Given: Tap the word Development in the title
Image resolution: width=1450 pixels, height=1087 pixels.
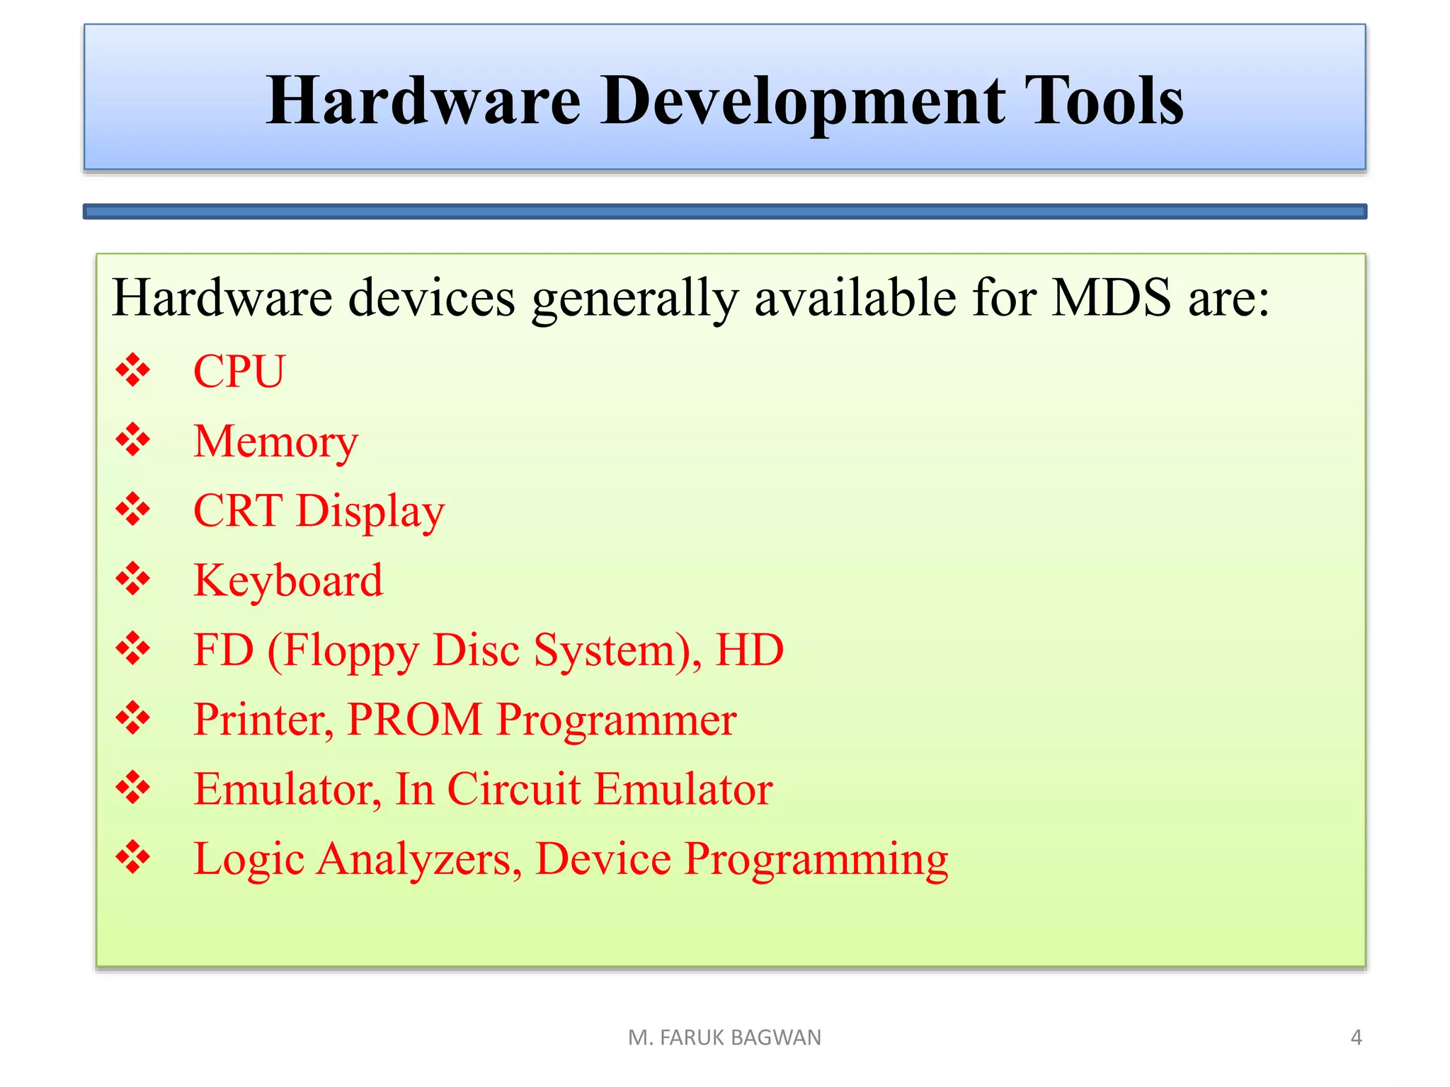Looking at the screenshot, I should tap(803, 101).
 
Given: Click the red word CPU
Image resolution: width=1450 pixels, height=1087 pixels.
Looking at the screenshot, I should tap(239, 371).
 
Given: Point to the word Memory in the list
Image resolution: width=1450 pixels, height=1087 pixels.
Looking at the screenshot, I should tap(275, 442).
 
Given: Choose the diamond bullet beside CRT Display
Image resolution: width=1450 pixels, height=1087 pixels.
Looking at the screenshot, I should tap(133, 510).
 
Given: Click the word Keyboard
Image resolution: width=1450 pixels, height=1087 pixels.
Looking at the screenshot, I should tap(287, 580).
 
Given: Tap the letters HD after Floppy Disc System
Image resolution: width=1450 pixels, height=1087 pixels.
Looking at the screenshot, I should tap(749, 650).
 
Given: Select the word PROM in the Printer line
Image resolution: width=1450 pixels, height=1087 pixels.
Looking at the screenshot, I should tap(415, 720).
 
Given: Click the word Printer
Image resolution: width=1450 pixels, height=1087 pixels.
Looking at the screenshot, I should tap(263, 720).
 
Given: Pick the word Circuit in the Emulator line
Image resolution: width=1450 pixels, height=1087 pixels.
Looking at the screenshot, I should tap(514, 789).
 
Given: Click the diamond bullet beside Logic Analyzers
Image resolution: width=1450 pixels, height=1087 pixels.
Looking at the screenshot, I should tap(133, 858).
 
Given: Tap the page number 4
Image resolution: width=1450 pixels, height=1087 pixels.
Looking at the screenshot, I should tap(1356, 1037).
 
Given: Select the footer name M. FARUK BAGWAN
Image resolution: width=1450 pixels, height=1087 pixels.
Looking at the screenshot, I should tap(724, 1037).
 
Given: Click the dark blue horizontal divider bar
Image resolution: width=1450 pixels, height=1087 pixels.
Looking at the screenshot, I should tap(724, 212).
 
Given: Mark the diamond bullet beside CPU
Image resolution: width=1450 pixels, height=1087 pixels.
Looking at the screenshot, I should tap(133, 370).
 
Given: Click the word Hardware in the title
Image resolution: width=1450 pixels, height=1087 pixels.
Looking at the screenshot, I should tap(423, 101).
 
